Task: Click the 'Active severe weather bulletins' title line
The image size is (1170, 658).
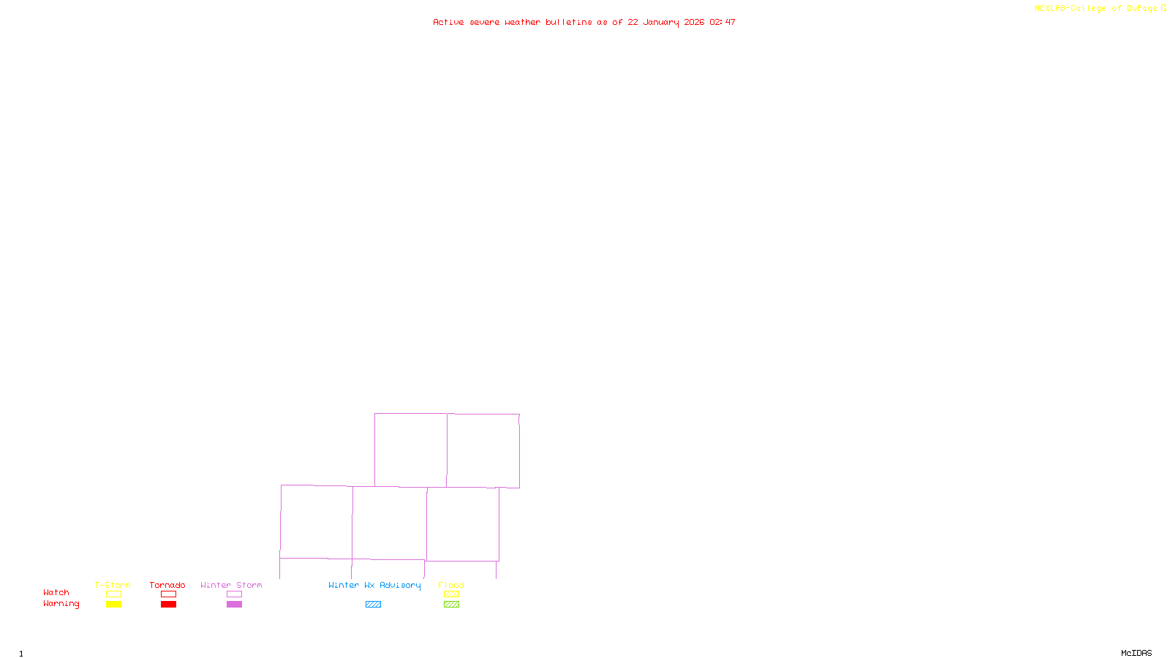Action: coord(584,22)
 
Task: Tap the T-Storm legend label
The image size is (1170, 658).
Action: coord(113,585)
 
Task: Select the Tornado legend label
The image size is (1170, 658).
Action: coord(167,585)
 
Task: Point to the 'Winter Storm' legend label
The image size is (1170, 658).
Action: coord(231,585)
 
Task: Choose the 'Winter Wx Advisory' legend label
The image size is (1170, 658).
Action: coord(374,585)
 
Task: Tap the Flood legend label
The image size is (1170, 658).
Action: coord(451,585)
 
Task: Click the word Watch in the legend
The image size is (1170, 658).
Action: coord(56,593)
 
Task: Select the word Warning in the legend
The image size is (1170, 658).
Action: coord(61,604)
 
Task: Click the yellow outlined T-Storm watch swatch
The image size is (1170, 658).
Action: coord(113,594)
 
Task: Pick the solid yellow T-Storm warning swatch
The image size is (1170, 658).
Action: coord(113,605)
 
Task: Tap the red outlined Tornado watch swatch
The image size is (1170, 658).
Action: coord(168,594)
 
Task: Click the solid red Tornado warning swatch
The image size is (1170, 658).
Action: coord(168,605)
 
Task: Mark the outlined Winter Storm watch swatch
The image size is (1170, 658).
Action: coord(234,594)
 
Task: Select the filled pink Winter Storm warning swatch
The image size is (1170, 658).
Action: coord(234,605)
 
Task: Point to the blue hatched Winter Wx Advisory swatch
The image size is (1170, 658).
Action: coord(373,605)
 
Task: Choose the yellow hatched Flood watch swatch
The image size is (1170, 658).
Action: coord(451,594)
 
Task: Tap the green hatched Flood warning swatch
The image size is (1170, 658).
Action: coord(451,605)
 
